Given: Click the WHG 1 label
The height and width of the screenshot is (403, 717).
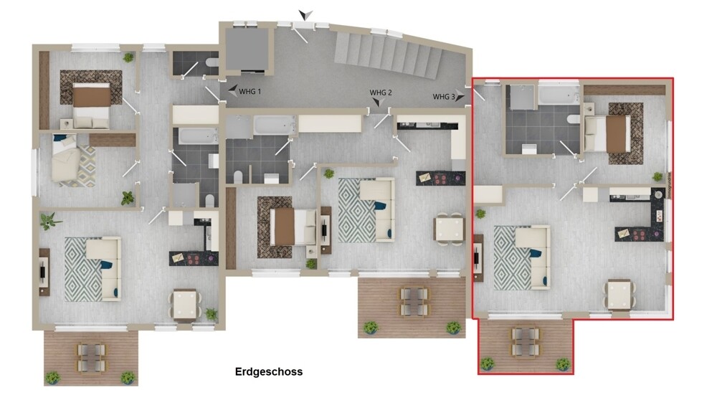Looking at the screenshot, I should pos(250,92).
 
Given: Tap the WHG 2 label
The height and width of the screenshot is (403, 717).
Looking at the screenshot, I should pos(381,93).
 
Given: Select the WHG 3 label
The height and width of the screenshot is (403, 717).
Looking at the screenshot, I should pos(444,97).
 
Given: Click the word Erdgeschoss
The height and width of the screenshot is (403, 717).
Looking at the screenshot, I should pos(269,371).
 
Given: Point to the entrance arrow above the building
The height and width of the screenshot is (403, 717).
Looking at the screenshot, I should pos(306,14).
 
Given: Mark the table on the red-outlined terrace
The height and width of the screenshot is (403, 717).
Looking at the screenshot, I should pos(526,341).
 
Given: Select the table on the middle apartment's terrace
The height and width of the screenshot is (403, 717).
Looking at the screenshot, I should pos(414,300).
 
